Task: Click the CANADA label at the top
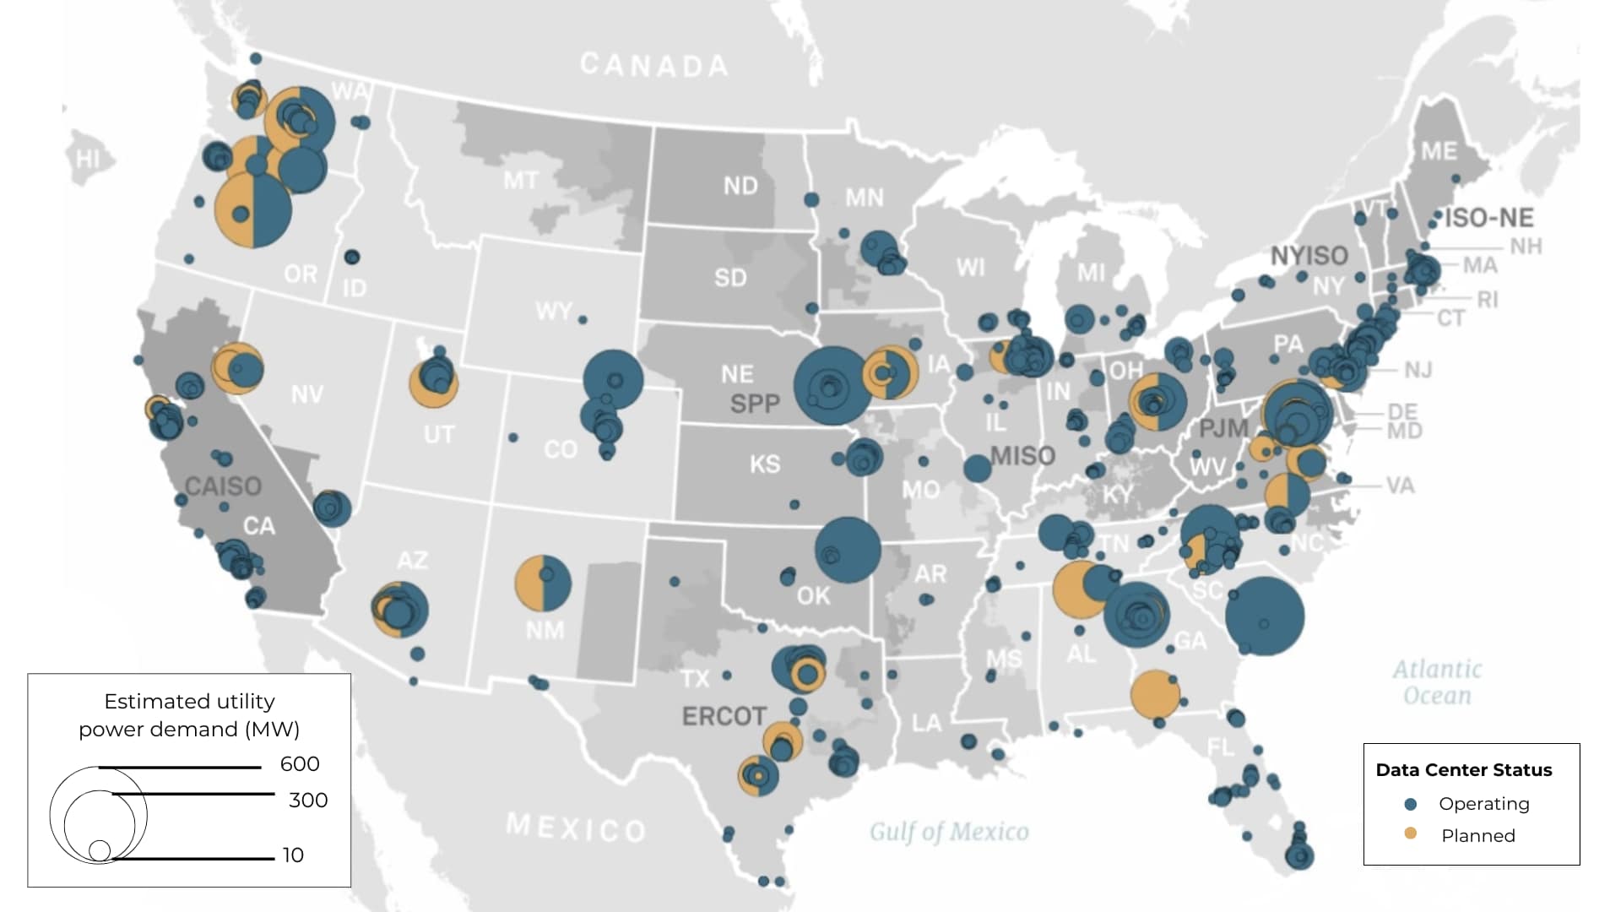pos(653,65)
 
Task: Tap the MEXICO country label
pos(576,828)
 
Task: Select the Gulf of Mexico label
pos(949,832)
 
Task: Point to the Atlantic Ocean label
pos(1437,682)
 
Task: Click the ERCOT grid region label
pos(724,716)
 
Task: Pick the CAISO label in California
pos(223,486)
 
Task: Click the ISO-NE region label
pos(1488,218)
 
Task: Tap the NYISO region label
pos(1309,256)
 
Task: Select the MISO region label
pos(1022,456)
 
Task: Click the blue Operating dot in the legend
pos(1410,804)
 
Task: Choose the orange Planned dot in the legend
pos(1410,834)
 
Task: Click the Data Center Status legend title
pos(1464,770)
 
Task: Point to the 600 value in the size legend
pos(300,764)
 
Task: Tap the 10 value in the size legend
pos(293,855)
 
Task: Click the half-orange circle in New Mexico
pos(543,583)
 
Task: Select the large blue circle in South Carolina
pos(1264,616)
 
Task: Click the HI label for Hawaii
pos(88,159)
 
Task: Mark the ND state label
pos(740,186)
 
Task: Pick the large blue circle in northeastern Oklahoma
pos(848,550)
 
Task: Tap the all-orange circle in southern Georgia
pos(1154,694)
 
